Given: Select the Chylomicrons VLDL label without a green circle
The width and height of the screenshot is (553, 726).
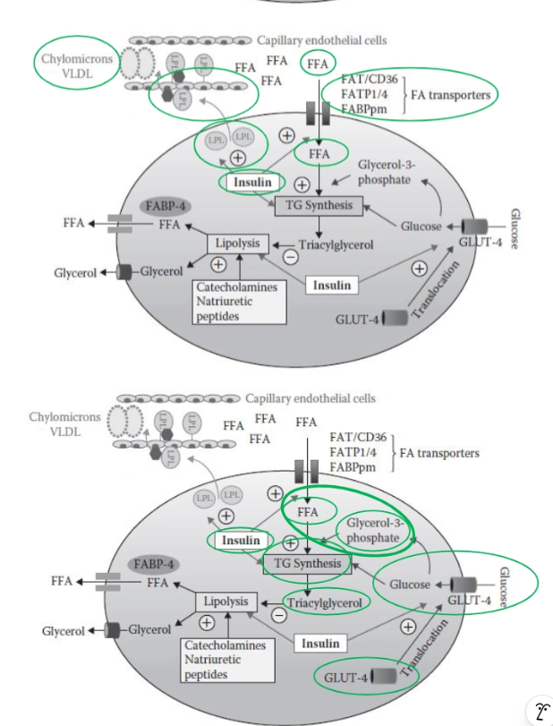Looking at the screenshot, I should tap(58, 423).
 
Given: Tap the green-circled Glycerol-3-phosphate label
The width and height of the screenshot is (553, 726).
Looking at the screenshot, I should tap(375, 530).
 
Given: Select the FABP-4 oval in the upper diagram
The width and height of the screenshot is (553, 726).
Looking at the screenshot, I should tap(168, 205).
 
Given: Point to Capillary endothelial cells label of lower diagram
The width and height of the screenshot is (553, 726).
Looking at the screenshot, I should tap(311, 398).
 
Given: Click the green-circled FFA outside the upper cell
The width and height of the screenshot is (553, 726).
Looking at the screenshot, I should tap(317, 63).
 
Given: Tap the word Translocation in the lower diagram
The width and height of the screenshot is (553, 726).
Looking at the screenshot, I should tap(424, 650).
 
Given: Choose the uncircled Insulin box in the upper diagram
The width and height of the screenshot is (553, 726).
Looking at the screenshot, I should tap(330, 286).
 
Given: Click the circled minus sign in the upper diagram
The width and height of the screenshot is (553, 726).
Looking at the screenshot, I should tap(290, 258).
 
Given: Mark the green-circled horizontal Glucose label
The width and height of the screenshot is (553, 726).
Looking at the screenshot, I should tap(409, 584).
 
